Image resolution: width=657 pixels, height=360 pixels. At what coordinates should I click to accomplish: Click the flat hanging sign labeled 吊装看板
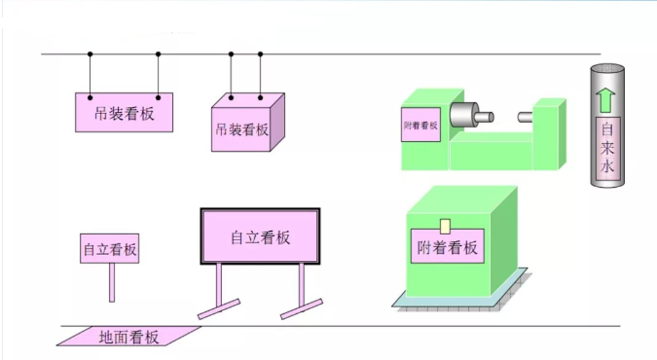pyautogui.click(x=125, y=113)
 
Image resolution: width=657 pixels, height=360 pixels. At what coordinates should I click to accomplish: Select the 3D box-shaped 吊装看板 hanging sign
pyautogui.click(x=241, y=127)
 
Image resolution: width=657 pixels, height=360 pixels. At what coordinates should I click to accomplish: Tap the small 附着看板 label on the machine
pyautogui.click(x=420, y=126)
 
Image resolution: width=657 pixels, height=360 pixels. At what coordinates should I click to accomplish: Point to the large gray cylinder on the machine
pyautogui.click(x=465, y=115)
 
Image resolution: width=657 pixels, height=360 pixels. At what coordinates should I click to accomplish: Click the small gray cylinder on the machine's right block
pyautogui.click(x=526, y=117)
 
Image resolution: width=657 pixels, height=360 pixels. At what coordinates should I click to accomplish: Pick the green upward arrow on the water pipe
pyautogui.click(x=608, y=98)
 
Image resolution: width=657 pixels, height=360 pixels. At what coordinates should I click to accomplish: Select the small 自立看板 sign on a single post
pyautogui.click(x=110, y=248)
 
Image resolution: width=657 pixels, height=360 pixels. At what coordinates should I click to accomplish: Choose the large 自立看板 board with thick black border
pyautogui.click(x=260, y=236)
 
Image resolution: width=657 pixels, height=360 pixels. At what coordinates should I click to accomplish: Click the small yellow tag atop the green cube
pyautogui.click(x=445, y=227)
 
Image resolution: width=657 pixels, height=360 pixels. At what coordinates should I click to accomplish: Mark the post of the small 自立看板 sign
pyautogui.click(x=111, y=282)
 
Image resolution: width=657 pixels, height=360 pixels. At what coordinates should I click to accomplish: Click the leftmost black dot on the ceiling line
pyautogui.click(x=91, y=54)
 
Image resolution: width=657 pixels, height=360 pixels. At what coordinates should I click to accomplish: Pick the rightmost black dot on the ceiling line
pyautogui.click(x=261, y=54)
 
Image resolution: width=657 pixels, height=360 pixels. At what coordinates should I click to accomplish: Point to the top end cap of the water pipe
pyautogui.click(x=608, y=68)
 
